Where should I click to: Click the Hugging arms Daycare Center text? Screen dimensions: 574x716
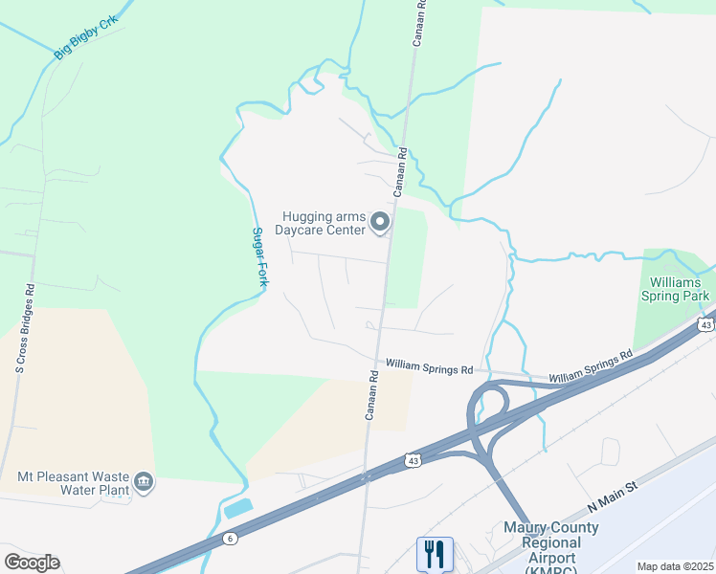[x=321, y=223]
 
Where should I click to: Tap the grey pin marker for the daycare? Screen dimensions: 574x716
[x=380, y=223]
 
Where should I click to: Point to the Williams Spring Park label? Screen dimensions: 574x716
[x=678, y=289]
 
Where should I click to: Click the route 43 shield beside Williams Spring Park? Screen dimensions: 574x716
[x=705, y=325]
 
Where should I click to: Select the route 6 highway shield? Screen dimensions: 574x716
[x=231, y=539]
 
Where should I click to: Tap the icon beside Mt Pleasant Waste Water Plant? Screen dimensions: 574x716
[x=144, y=480]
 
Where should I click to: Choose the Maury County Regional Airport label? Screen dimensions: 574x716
[x=551, y=542]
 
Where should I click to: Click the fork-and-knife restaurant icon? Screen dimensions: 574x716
[x=434, y=552]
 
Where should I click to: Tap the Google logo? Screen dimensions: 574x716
[x=32, y=563]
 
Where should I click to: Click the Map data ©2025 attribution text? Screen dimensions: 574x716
[x=674, y=566]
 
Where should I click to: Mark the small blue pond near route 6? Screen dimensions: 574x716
[x=237, y=508]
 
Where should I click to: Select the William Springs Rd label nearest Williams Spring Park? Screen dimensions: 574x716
[x=591, y=367]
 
